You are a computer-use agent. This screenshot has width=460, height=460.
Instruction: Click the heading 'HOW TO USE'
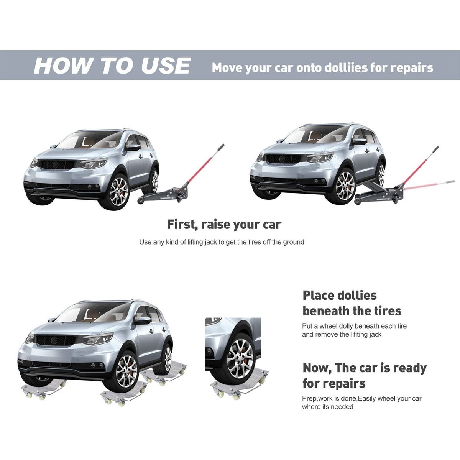[x=112, y=65]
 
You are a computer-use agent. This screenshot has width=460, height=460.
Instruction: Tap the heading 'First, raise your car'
[x=224, y=224]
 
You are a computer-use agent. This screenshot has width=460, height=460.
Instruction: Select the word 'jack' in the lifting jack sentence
[x=210, y=242]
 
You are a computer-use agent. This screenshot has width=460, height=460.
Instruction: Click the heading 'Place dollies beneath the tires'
[x=352, y=303]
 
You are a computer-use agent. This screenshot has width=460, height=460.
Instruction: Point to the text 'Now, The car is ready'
[x=365, y=368]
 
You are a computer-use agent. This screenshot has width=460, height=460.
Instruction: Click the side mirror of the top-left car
[x=133, y=148]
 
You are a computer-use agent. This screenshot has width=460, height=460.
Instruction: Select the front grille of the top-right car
[x=283, y=158]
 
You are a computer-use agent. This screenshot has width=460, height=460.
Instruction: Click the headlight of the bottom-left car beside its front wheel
[x=98, y=339]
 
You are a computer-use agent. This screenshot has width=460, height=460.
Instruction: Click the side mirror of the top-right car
[x=359, y=141]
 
